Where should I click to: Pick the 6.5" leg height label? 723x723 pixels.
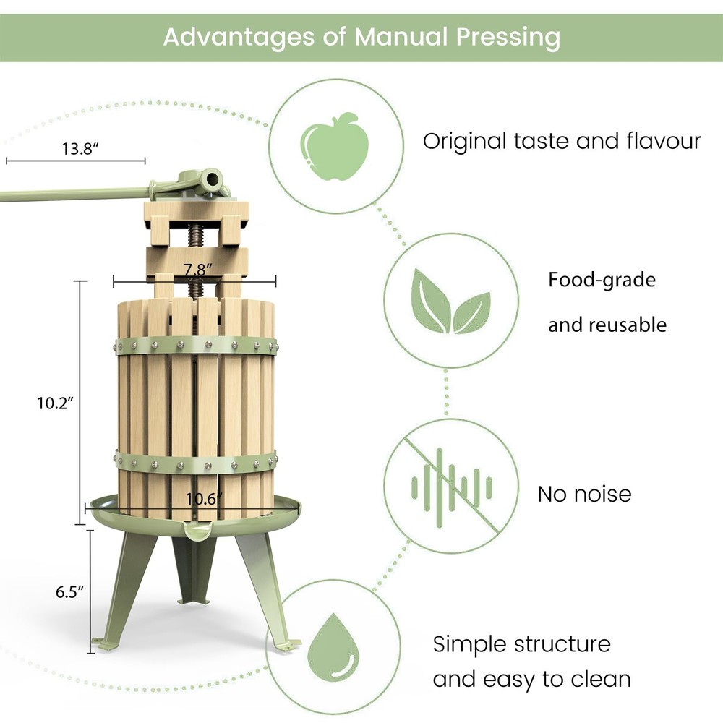coord(70,591)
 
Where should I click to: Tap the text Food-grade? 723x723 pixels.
coord(602,280)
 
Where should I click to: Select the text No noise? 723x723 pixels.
coord(584,494)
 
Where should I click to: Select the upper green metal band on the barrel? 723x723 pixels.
coord(195,345)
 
